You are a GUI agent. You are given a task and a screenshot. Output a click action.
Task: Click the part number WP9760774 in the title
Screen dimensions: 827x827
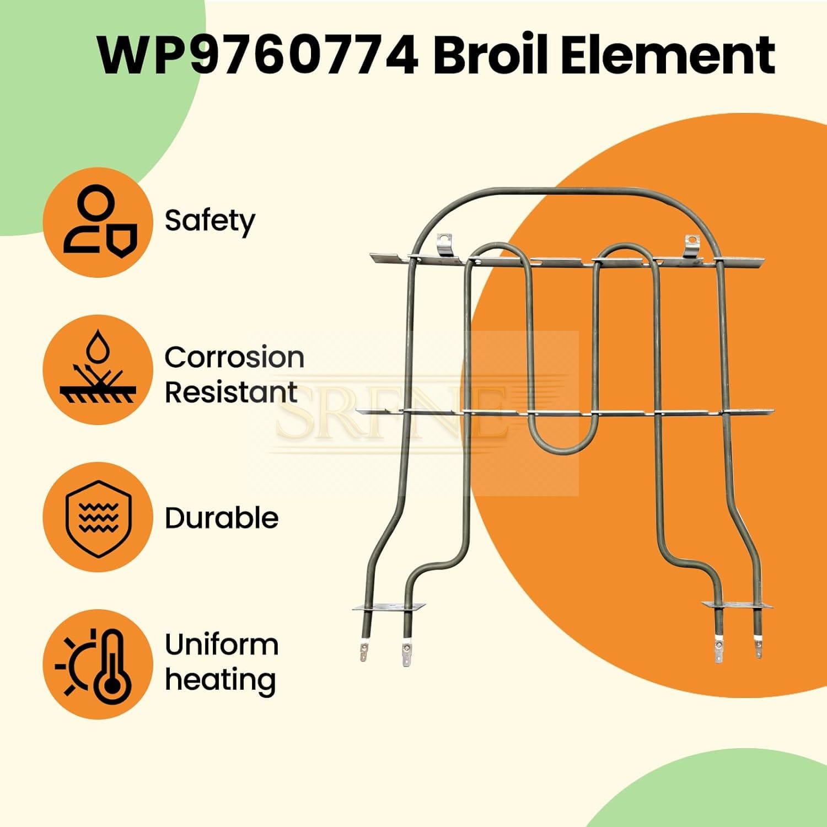(x=257, y=55)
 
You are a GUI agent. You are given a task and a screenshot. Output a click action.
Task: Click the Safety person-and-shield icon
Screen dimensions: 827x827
(x=98, y=222)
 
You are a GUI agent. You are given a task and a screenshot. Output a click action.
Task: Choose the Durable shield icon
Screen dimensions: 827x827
(x=98, y=517)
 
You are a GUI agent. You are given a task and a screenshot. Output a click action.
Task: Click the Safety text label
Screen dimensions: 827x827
(x=210, y=222)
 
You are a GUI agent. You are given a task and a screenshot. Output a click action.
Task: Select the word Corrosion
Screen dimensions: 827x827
(x=234, y=357)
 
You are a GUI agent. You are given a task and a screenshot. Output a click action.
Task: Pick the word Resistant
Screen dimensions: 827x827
(x=231, y=393)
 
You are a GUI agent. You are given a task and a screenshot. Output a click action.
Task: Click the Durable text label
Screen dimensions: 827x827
(x=222, y=518)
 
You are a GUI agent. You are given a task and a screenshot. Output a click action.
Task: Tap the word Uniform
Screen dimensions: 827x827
(x=222, y=645)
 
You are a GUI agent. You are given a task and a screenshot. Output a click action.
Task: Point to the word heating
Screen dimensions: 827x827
(x=221, y=680)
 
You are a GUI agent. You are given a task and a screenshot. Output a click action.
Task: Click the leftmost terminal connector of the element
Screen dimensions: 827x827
(x=363, y=651)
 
